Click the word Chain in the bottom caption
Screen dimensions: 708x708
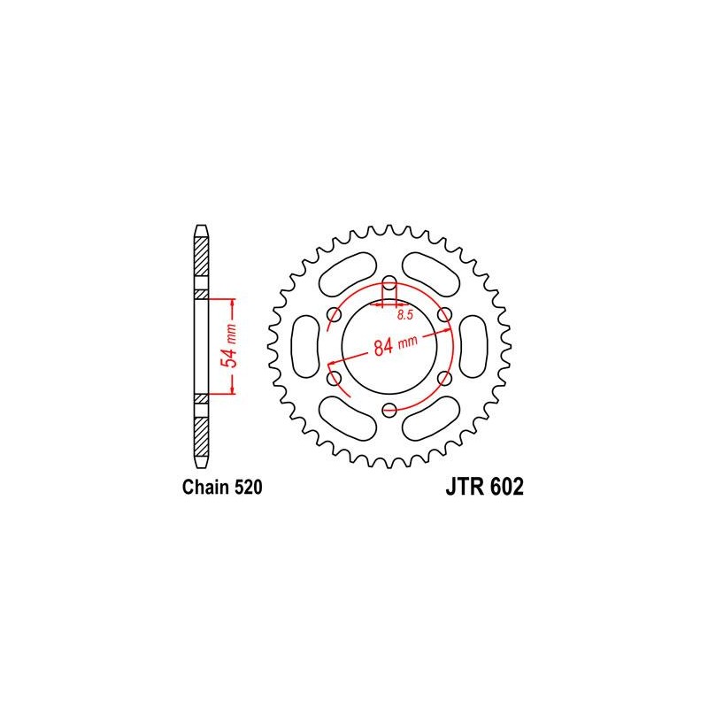click(x=206, y=488)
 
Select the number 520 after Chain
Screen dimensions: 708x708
click(x=248, y=488)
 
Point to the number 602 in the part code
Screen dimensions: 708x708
click(x=506, y=487)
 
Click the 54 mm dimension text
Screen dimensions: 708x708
click(x=230, y=345)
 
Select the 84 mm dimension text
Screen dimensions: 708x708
click(x=396, y=345)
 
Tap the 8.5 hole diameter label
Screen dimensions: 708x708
click(x=405, y=315)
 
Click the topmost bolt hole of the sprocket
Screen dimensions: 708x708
click(x=389, y=285)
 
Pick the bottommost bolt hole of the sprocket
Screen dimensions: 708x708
click(x=389, y=410)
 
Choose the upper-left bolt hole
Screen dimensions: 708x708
click(x=335, y=315)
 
